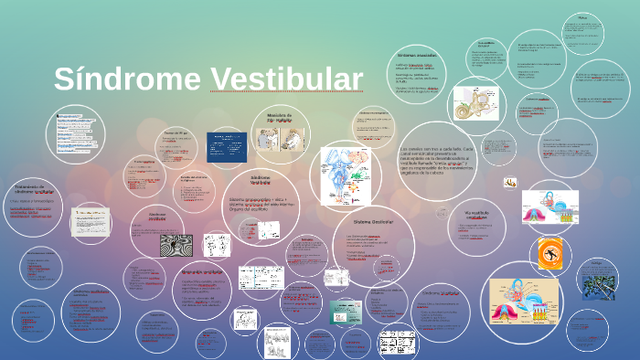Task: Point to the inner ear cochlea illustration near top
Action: (x=475, y=102)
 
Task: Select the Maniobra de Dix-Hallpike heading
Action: (x=278, y=117)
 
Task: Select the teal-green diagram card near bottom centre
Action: (x=346, y=311)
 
